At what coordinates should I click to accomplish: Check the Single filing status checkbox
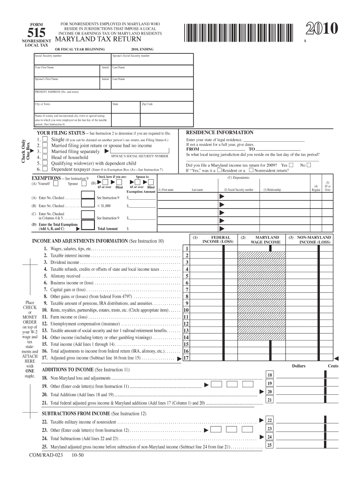click(45, 139)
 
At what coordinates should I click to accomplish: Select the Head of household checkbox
click(45, 158)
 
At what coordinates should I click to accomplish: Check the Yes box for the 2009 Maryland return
click(291, 165)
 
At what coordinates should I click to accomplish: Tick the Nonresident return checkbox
click(251, 170)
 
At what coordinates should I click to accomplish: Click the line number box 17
click(186, 358)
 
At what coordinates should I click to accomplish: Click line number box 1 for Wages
click(186, 249)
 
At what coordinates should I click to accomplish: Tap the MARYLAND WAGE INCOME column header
click(266, 239)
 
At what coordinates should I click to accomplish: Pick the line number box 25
click(269, 445)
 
